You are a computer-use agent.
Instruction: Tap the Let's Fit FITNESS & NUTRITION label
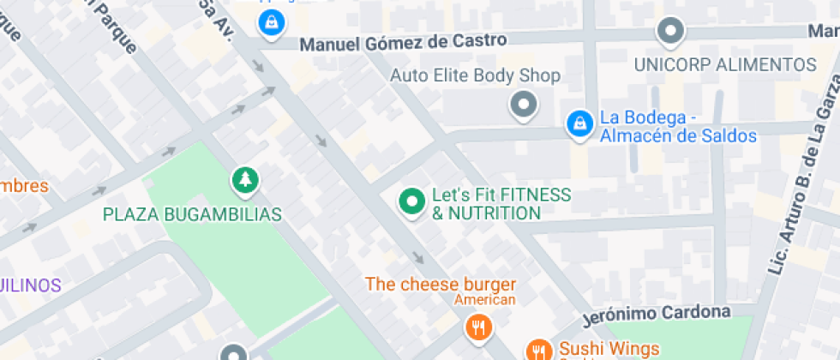pos(501,204)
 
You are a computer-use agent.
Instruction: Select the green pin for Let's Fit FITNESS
pos(412,202)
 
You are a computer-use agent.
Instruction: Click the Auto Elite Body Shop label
pos(475,75)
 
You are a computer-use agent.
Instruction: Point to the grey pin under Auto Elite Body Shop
pos(522,105)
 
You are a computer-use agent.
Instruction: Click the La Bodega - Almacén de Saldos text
pos(677,127)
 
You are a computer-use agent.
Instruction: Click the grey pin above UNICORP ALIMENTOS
pos(670,32)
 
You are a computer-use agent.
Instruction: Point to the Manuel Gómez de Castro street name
pos(403,41)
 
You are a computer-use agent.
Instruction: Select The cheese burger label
pos(441,284)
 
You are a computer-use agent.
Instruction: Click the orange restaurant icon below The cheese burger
pos(477,327)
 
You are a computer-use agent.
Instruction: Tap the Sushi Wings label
pos(609,349)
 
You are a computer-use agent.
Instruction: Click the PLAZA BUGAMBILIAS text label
pos(192,214)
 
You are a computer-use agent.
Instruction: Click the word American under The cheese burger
pos(484,300)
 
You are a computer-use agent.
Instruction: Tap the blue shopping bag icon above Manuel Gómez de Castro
pos(272,23)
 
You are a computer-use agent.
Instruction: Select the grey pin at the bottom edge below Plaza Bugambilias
pos(233,353)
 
